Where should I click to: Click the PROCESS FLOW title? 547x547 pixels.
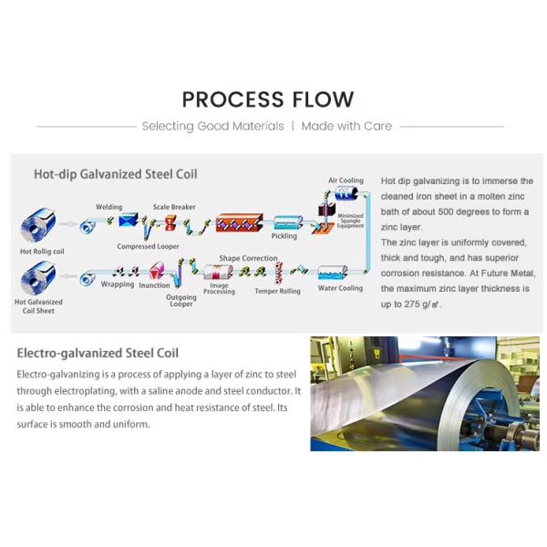tap(267, 99)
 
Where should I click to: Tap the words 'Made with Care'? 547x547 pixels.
tap(346, 126)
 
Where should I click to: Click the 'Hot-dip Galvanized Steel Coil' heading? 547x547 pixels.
tap(115, 173)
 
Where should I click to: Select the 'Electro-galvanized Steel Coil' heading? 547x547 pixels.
tap(98, 353)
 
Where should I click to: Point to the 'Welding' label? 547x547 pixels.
tap(108, 207)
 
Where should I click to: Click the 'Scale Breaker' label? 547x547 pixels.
tap(173, 207)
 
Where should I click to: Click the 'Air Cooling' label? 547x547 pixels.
tap(346, 181)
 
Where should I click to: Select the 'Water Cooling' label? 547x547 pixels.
tap(340, 288)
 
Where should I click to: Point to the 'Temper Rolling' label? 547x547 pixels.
tap(277, 291)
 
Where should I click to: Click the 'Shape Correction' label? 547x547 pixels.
tap(248, 258)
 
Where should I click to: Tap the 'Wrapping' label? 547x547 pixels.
tap(117, 284)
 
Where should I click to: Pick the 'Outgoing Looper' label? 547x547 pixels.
tap(181, 301)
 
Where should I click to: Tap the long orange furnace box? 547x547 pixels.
tap(239, 221)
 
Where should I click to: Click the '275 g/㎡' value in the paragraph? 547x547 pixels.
tap(414, 304)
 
